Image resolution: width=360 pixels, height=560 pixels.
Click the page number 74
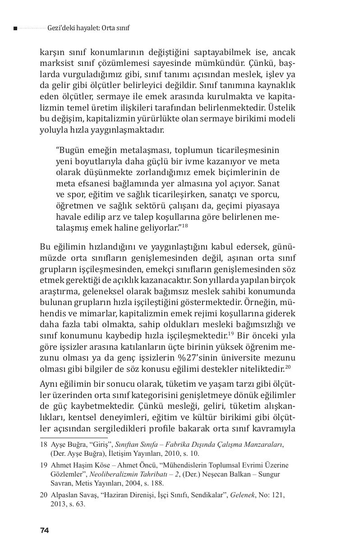tap(44, 530)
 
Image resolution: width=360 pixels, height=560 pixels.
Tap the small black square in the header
tap(15, 28)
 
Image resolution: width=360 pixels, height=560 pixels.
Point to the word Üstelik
tap(282, 108)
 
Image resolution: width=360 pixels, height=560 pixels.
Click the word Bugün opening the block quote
tap(71, 150)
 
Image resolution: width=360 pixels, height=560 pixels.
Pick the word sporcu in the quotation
tap(266, 194)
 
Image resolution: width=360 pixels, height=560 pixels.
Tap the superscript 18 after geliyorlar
tap(185, 225)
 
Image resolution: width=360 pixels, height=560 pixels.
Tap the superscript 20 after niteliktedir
tap(287, 366)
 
